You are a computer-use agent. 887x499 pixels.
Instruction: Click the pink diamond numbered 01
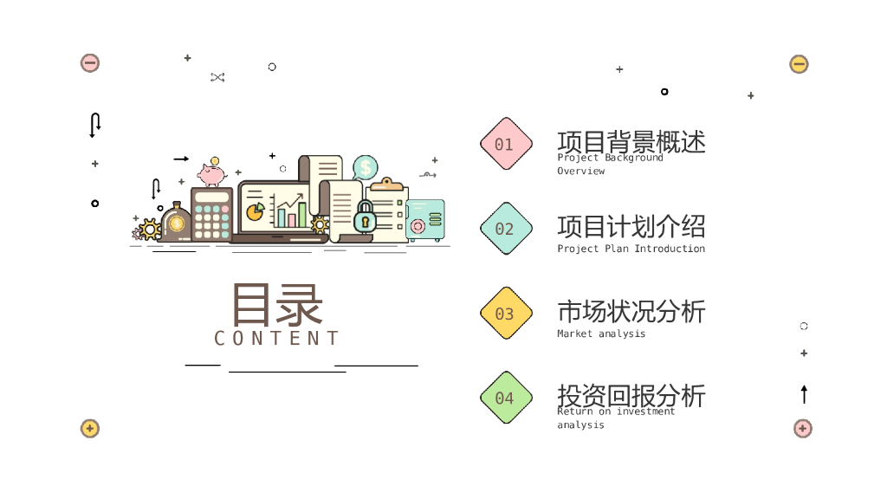click(x=506, y=144)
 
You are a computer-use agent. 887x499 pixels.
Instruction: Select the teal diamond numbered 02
click(x=506, y=229)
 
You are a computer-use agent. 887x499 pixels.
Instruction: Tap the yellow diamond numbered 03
click(x=506, y=314)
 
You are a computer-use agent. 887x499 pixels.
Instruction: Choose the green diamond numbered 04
click(x=506, y=398)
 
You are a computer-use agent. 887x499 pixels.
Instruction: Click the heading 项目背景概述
click(x=631, y=141)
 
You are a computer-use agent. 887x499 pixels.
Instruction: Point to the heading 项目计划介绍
click(x=631, y=226)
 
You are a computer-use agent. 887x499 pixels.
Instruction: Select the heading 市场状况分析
click(x=631, y=311)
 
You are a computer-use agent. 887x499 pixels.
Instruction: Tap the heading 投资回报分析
click(x=631, y=395)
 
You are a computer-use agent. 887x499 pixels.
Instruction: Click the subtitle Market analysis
click(x=601, y=334)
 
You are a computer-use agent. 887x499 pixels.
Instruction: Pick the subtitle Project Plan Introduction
click(x=631, y=249)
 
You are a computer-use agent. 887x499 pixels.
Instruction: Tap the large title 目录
click(x=277, y=304)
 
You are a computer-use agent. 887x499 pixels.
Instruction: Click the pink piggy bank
click(x=211, y=174)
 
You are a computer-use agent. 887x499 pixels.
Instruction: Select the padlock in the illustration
click(x=365, y=217)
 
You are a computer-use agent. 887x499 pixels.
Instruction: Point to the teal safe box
click(x=424, y=221)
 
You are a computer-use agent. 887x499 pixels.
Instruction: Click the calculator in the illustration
click(x=211, y=214)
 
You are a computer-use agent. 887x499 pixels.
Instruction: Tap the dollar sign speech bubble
click(x=366, y=166)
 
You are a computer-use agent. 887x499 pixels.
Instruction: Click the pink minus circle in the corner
click(x=90, y=62)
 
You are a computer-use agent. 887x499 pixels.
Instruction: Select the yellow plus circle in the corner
click(x=90, y=428)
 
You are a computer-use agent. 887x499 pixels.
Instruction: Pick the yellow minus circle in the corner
click(x=799, y=64)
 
